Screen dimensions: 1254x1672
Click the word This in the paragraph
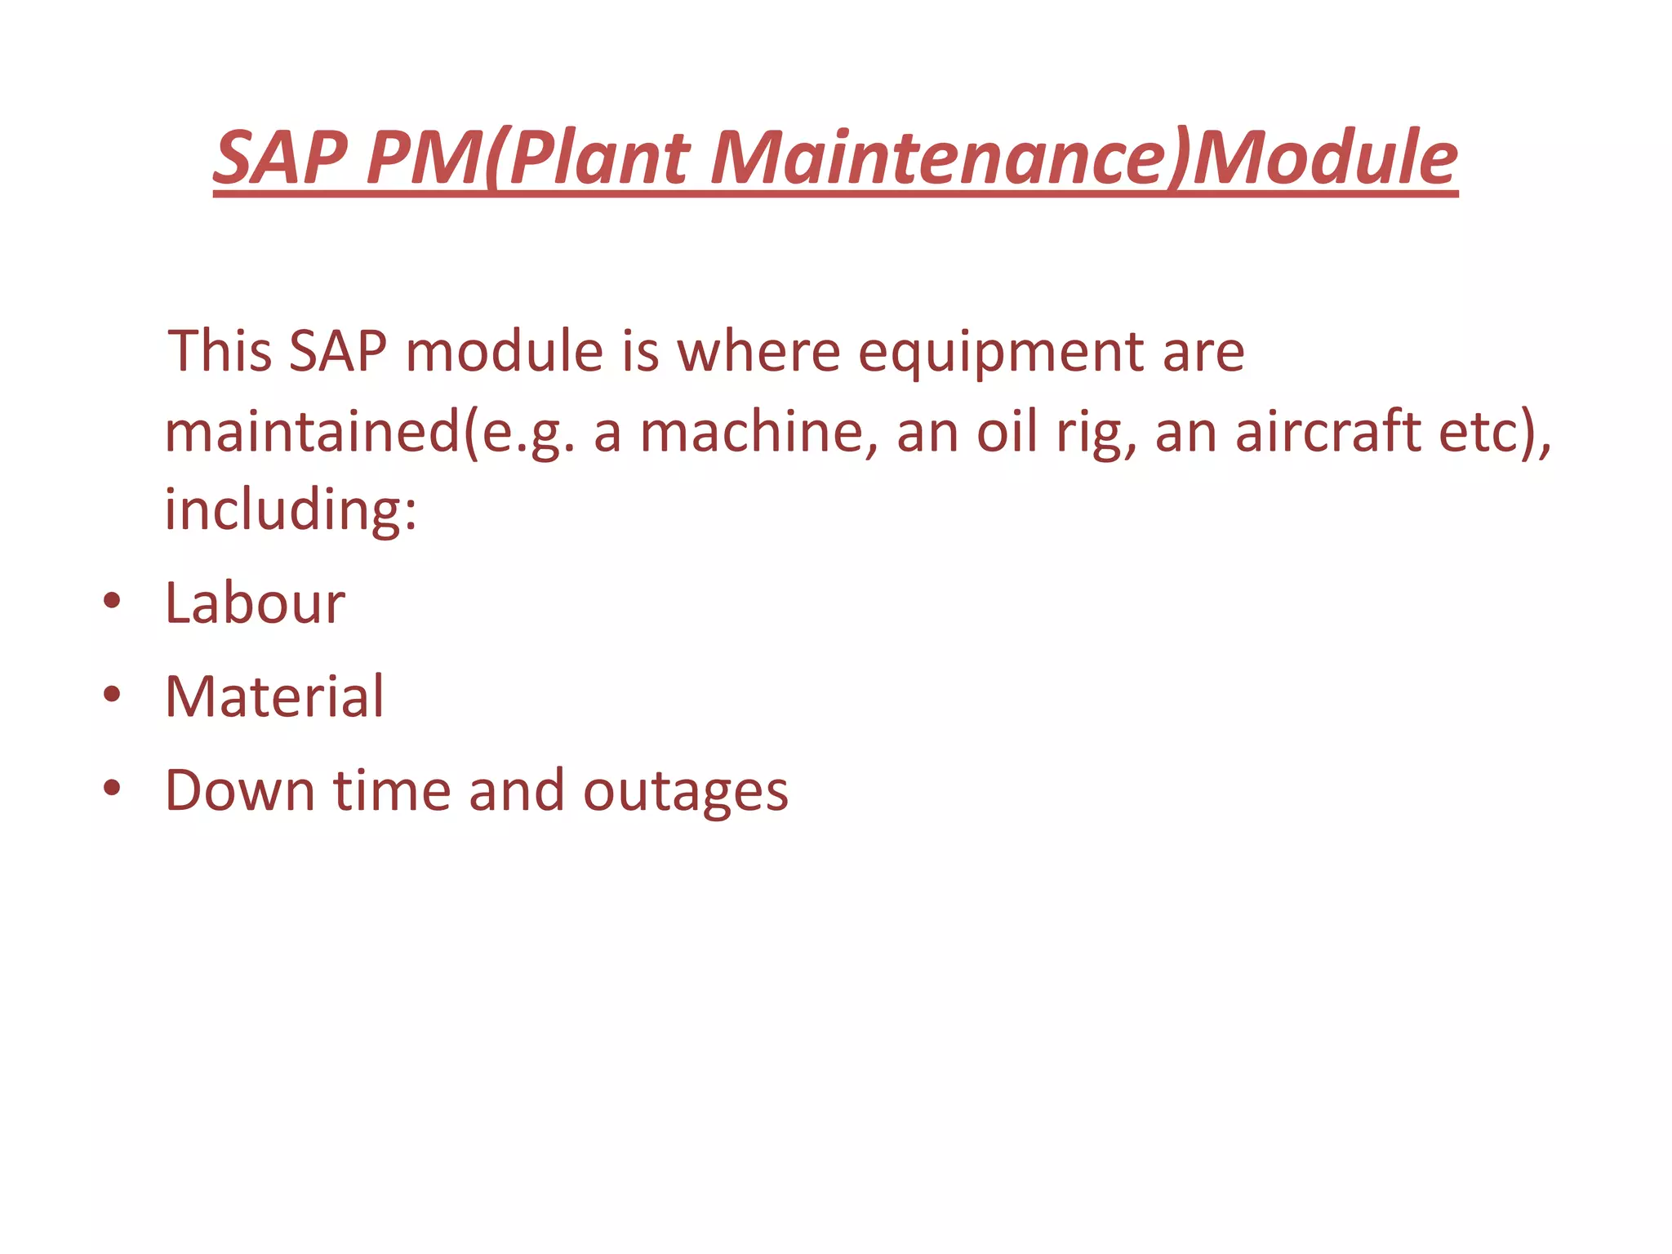220,351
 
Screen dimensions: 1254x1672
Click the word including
291,511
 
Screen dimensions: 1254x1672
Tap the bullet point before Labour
112,603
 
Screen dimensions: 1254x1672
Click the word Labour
255,604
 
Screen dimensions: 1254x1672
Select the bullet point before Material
112,696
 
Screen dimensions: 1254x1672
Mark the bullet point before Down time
112,789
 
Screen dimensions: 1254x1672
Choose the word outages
686,792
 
